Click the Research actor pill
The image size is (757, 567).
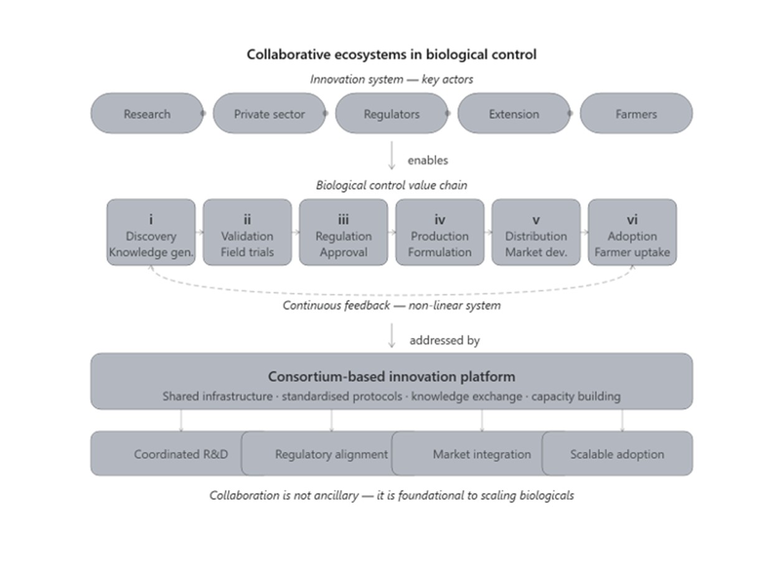(x=147, y=113)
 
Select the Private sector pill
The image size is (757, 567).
(x=270, y=113)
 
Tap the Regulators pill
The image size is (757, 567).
(x=392, y=113)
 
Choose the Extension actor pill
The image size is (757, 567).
(x=514, y=113)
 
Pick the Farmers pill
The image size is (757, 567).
(x=636, y=113)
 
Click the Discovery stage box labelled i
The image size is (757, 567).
(x=151, y=232)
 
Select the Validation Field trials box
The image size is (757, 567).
(x=247, y=232)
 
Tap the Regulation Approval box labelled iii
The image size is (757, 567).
(x=344, y=232)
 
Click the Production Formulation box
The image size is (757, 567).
(x=440, y=232)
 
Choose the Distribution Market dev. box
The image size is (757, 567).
(x=536, y=232)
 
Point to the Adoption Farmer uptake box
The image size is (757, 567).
(x=632, y=232)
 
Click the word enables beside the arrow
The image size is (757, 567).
(x=428, y=160)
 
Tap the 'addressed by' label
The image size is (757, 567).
(x=444, y=341)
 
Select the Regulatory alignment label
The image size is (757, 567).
(x=331, y=454)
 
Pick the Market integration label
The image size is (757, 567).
(x=482, y=454)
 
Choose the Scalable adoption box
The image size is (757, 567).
(x=618, y=453)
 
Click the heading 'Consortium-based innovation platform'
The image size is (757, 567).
(x=392, y=377)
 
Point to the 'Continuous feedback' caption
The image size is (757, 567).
(x=336, y=305)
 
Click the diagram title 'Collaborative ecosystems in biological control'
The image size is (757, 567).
(x=392, y=54)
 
